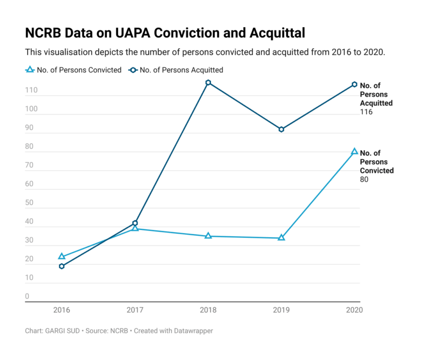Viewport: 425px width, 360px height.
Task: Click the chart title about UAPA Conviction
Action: (165, 33)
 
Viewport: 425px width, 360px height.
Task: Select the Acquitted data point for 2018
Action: (208, 83)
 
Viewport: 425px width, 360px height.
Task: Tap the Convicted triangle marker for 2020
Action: (354, 151)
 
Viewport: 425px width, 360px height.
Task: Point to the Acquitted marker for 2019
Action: (282, 129)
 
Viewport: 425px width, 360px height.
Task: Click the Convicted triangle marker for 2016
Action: (62, 256)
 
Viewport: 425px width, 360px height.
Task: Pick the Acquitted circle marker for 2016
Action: (62, 266)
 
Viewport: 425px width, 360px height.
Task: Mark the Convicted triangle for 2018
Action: (208, 235)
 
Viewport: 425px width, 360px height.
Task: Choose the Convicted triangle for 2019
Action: (282, 237)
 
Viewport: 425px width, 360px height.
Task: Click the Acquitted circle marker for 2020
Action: (354, 84)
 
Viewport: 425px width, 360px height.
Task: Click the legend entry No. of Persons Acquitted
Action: (178, 70)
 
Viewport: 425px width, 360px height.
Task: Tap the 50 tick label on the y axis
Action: (30, 203)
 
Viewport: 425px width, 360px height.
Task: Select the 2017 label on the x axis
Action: (135, 309)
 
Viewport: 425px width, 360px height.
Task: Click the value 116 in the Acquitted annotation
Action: (366, 112)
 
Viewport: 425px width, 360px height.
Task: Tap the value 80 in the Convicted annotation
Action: (364, 179)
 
